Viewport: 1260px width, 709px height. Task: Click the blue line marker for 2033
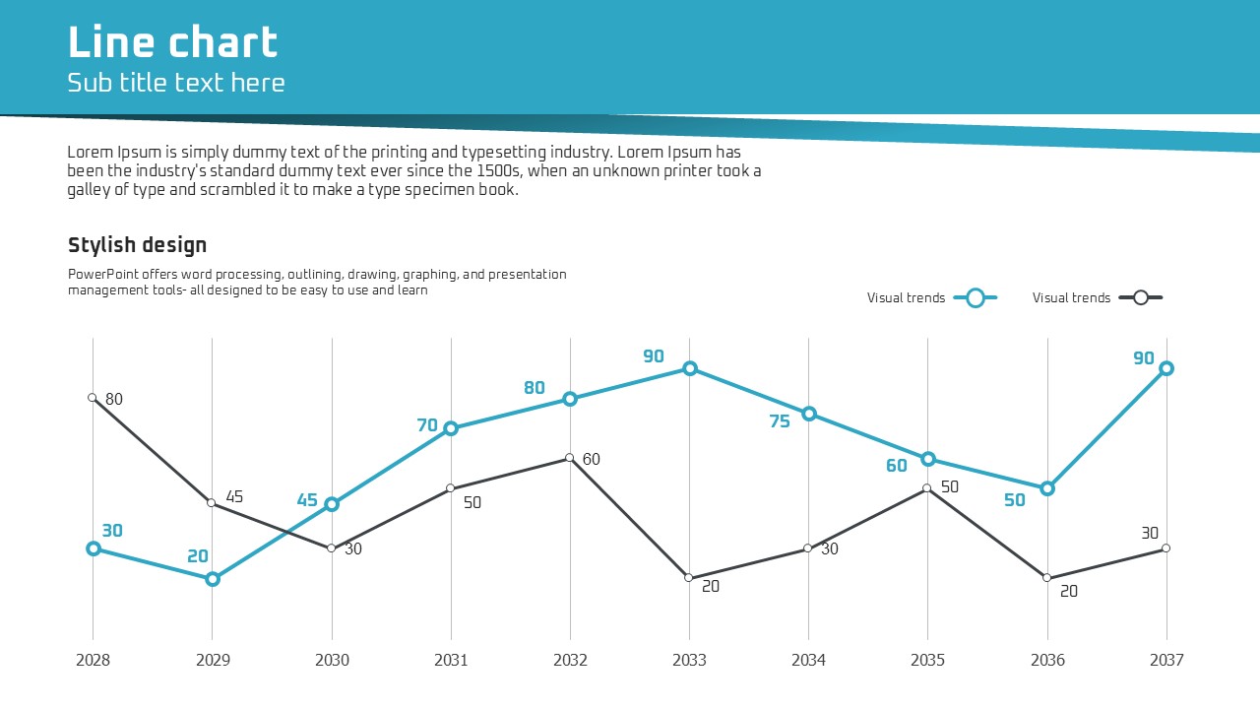690,368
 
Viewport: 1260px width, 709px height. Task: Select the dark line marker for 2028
93,398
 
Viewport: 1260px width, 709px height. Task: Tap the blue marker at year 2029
213,579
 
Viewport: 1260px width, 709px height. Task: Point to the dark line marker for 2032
570,458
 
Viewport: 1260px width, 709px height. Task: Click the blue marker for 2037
1166,368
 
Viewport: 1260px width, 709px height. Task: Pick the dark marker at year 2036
1047,578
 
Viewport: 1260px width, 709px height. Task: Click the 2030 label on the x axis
332,661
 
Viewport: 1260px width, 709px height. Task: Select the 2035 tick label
927,661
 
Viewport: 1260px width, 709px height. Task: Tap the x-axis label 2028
94,661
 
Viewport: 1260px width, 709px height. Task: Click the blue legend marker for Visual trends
976,297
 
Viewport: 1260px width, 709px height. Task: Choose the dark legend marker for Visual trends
1141,297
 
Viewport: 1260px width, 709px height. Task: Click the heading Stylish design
137,245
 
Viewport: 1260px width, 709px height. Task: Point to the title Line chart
173,43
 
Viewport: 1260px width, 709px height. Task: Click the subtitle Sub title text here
176,83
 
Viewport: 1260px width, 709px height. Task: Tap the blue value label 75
780,421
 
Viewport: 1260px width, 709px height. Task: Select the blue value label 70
427,425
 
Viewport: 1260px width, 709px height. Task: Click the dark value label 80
114,400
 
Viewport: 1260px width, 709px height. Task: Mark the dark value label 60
592,460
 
